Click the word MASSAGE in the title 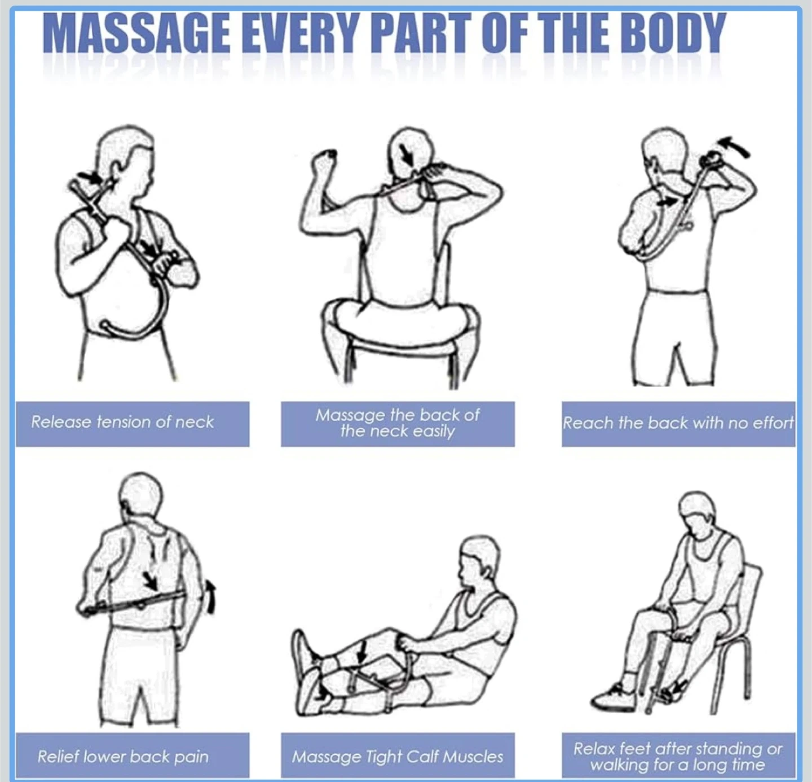136,33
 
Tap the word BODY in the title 673,33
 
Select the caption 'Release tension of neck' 122,421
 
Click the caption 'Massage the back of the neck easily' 397,423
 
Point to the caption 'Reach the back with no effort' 678,423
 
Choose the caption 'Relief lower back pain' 123,757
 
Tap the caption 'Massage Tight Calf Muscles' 397,757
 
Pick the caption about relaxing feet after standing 678,757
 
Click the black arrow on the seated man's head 407,155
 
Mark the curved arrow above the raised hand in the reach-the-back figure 735,146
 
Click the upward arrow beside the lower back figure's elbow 211,596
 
